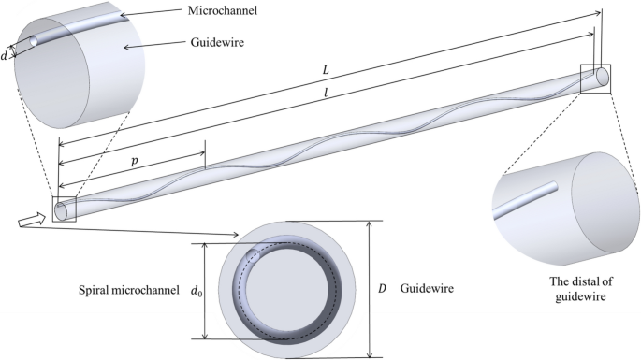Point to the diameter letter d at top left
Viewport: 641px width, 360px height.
coord(8,53)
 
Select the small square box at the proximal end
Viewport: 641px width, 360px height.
coord(64,209)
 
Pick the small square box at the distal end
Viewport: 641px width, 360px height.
coord(595,79)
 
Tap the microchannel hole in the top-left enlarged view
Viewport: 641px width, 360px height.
coord(33,41)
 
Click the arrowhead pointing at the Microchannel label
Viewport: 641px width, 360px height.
coord(121,17)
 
